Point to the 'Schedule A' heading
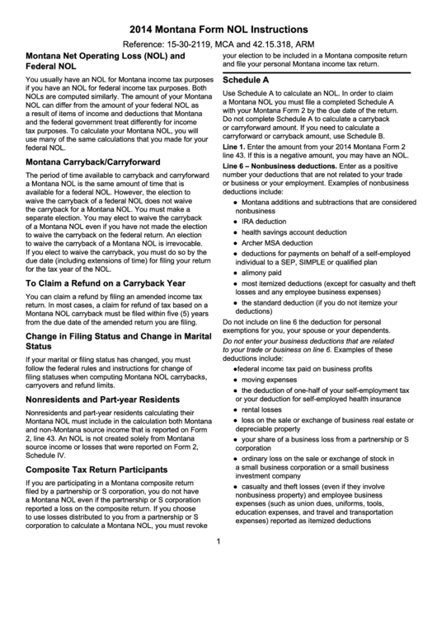pyautogui.click(x=247, y=80)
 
